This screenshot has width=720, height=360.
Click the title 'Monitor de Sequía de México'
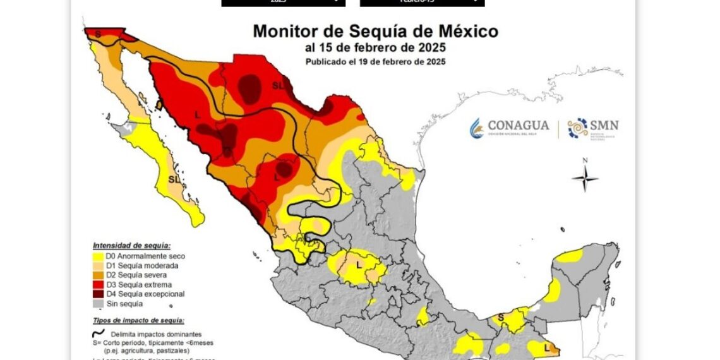pos(375,32)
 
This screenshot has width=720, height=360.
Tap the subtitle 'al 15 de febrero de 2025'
pos(375,48)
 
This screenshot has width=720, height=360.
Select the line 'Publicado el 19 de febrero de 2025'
pos(375,62)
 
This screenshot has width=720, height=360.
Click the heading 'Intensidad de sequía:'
pos(131,245)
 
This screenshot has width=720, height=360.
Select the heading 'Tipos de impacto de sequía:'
pos(138,321)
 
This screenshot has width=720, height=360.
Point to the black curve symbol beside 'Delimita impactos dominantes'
pos(97,333)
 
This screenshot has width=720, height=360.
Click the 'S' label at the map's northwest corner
pos(98,32)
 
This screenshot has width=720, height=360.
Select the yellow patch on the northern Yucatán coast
pos(570,256)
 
